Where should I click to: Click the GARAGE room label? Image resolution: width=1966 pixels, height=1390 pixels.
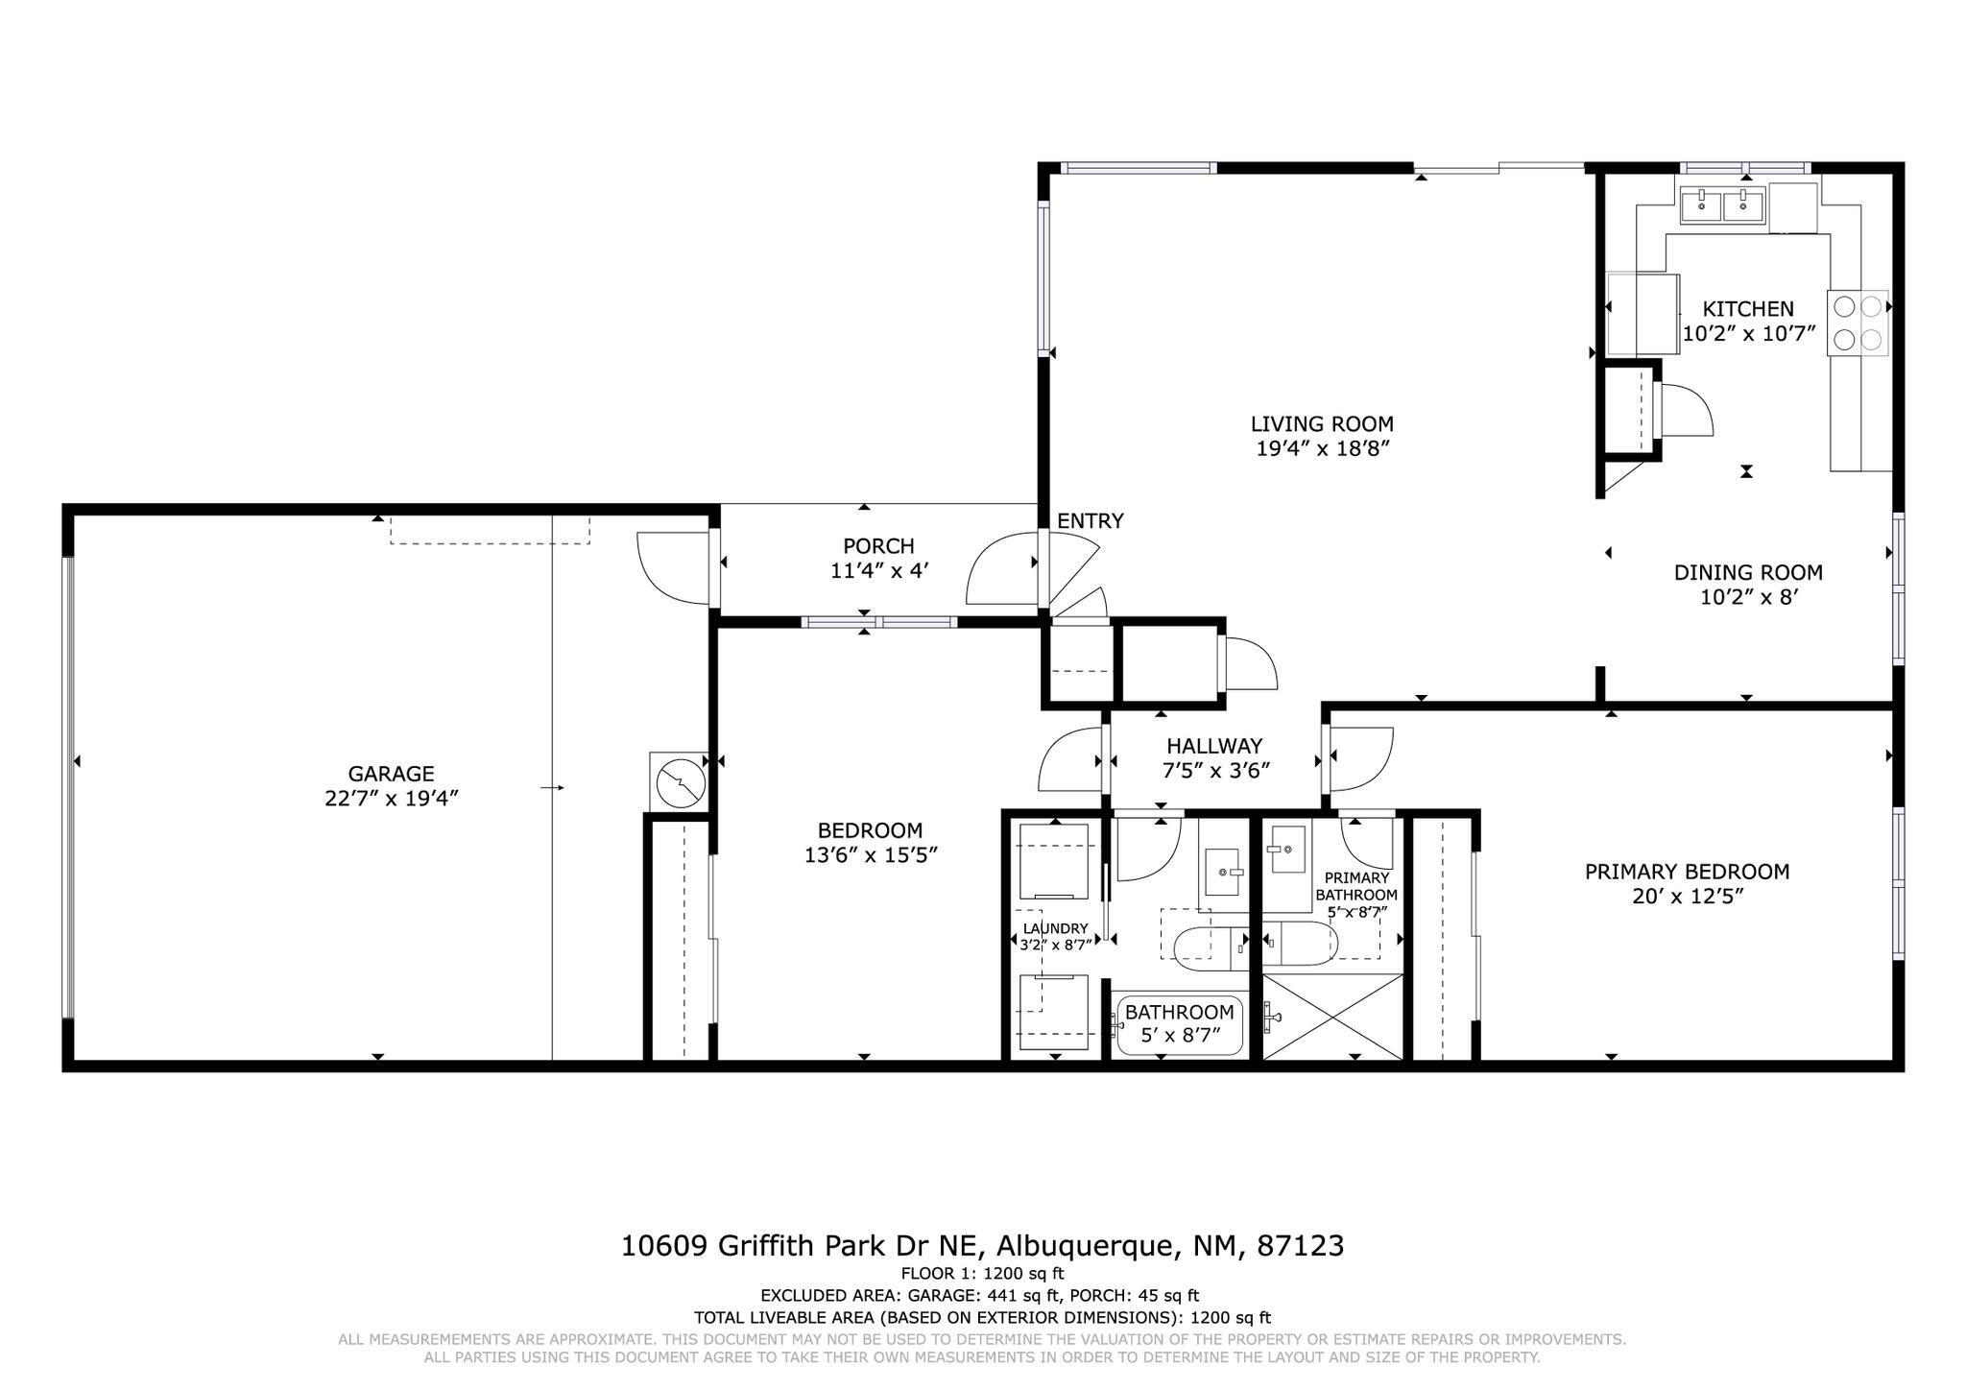[391, 774]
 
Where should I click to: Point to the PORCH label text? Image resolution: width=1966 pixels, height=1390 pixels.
[878, 546]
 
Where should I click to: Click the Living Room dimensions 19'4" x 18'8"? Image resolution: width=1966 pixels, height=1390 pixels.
[1322, 449]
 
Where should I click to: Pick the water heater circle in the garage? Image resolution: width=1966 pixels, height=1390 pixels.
[681, 783]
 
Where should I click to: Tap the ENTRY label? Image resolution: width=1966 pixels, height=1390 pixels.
[1090, 521]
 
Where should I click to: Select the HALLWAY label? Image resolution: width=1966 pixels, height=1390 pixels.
[1214, 746]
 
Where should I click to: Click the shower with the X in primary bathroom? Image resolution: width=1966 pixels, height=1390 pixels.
[1332, 1017]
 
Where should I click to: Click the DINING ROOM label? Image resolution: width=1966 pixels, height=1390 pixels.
[1748, 573]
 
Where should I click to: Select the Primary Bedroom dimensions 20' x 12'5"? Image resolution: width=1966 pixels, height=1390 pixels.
[1687, 898]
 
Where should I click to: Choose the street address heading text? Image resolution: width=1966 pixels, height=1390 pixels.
[982, 1246]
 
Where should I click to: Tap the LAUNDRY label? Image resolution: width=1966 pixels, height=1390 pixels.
[1055, 928]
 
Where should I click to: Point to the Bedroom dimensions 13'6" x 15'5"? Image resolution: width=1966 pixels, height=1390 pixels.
[870, 855]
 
